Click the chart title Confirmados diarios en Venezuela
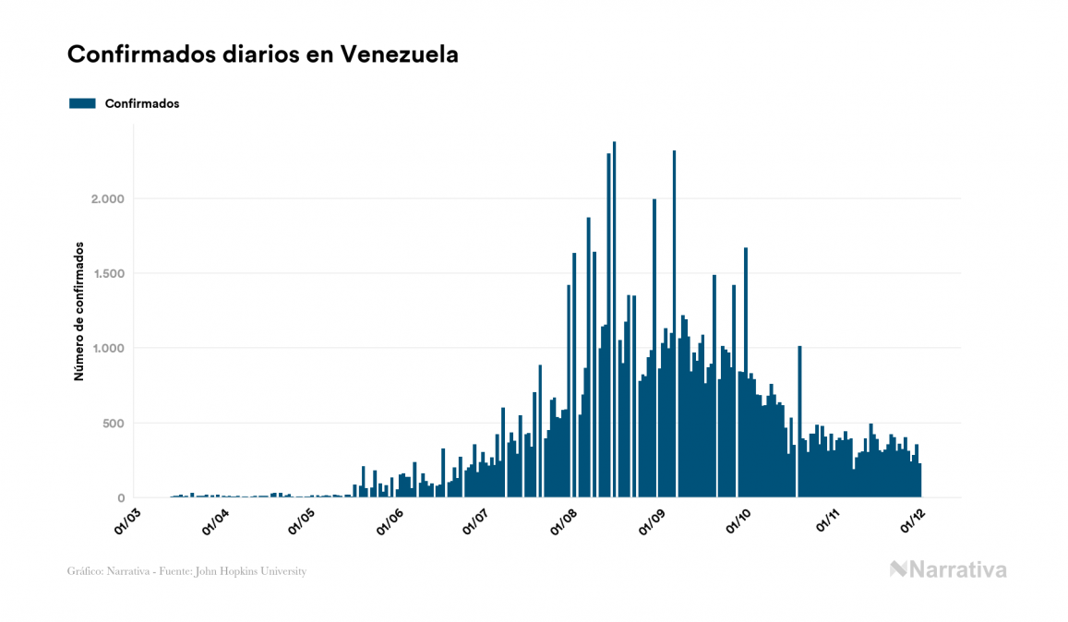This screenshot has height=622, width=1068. point(263,54)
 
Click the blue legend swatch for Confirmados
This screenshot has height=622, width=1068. point(82,103)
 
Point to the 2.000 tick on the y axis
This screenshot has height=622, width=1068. point(106,198)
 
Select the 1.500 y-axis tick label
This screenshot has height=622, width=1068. point(106,273)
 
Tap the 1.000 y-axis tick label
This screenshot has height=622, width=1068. point(106,348)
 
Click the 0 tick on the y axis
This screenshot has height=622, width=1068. point(121,498)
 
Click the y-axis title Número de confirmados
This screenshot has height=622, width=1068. point(79,311)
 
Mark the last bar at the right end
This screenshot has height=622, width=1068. point(919,481)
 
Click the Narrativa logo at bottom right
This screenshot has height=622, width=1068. point(948,569)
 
